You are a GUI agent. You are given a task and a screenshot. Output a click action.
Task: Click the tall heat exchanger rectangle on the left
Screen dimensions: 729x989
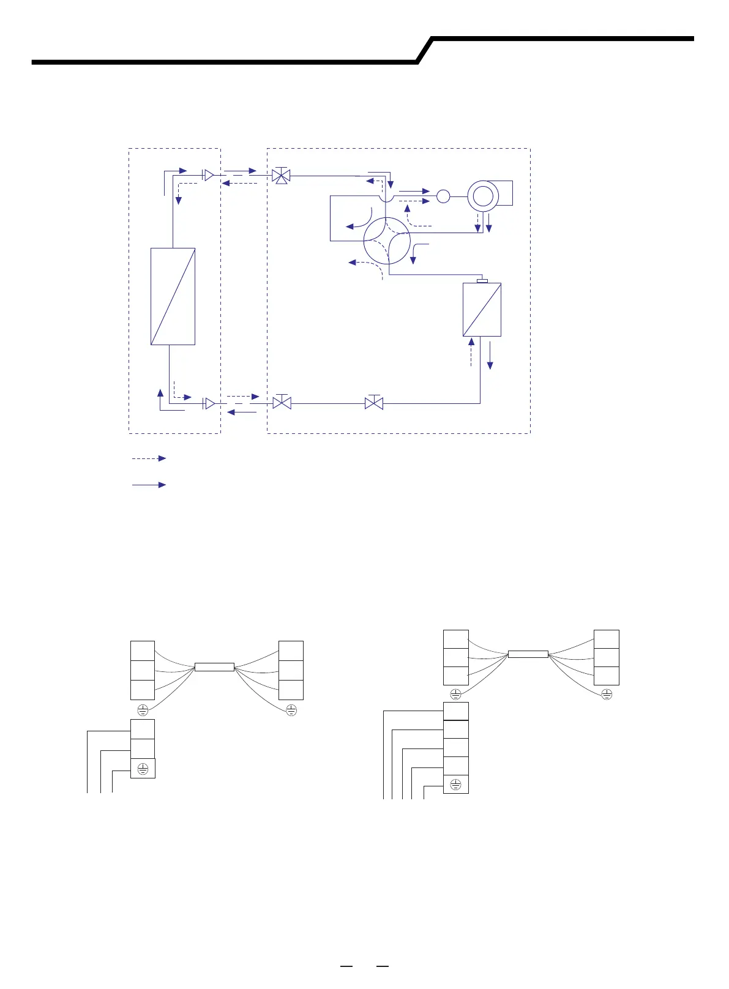coord(173,296)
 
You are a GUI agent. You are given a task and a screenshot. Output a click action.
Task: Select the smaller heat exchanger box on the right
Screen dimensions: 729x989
coord(482,309)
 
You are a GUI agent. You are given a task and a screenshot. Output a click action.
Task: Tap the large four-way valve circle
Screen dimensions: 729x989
coord(387,241)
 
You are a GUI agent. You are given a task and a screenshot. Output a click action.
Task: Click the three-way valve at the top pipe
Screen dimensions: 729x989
coord(282,176)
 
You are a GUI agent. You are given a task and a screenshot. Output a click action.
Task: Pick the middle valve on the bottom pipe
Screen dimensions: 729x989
coord(374,403)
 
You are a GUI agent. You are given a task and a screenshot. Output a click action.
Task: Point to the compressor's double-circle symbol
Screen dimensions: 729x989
coord(483,196)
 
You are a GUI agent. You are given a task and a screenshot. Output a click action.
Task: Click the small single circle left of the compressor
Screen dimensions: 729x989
coord(443,196)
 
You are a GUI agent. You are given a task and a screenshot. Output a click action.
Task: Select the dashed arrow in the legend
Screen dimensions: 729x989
coord(149,458)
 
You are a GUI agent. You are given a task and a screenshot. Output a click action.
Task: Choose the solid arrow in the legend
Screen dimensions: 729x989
coord(149,485)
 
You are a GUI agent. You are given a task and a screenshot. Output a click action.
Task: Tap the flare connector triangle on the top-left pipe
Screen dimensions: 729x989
coord(209,176)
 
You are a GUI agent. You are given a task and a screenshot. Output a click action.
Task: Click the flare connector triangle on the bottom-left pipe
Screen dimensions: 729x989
coord(209,403)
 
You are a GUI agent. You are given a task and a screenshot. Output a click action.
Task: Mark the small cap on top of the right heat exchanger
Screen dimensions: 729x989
coord(482,281)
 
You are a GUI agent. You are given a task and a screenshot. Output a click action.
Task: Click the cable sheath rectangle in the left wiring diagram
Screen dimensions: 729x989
coord(214,667)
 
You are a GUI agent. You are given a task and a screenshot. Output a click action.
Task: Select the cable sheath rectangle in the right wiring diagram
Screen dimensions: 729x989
coord(528,654)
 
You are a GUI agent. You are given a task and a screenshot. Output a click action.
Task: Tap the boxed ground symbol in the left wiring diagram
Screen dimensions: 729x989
coord(143,769)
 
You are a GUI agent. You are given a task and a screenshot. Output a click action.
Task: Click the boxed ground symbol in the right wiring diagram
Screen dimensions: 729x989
coord(455,785)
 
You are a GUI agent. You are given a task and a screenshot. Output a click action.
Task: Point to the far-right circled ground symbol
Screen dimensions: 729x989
coord(607,694)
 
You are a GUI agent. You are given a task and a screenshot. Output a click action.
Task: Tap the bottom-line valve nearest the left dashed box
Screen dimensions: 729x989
coord(282,403)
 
